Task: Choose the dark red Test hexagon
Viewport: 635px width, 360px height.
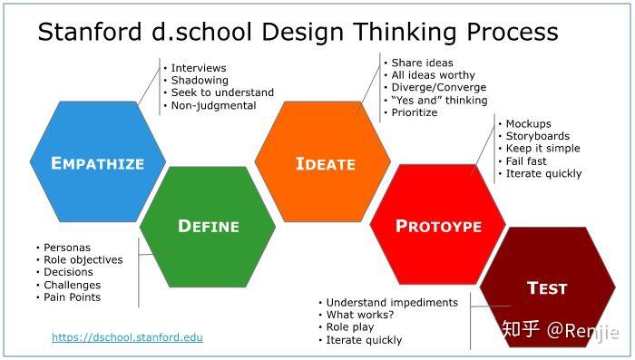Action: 547,288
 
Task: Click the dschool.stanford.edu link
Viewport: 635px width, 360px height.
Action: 127,337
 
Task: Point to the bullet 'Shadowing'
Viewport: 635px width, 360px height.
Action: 200,80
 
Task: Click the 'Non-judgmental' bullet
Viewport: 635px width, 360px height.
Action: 213,105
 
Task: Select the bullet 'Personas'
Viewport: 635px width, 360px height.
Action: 67,248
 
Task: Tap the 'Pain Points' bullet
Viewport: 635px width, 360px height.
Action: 73,297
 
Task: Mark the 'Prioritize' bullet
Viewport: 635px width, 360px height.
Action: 414,112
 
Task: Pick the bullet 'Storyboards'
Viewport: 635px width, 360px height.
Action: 537,136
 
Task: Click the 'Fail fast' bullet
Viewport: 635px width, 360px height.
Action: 526,161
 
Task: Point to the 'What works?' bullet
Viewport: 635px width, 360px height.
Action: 360,315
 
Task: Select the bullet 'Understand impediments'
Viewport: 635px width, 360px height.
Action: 392,302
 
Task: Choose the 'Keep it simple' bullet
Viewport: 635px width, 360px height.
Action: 542,148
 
